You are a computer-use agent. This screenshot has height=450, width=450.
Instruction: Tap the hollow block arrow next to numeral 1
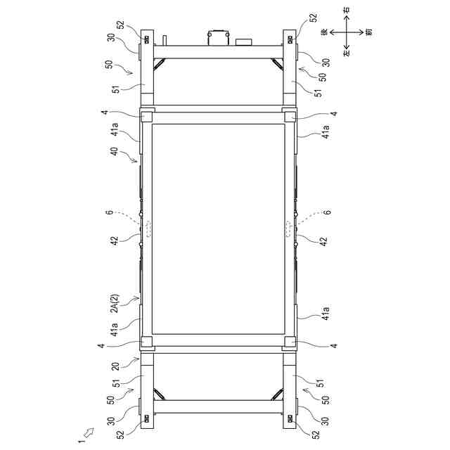click(89, 431)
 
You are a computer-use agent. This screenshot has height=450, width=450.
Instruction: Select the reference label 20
click(115, 366)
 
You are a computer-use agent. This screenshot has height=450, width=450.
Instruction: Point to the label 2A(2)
click(115, 303)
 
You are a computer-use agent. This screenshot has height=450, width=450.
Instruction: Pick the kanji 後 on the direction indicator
click(325, 32)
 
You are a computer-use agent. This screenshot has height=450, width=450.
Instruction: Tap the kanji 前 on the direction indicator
click(370, 32)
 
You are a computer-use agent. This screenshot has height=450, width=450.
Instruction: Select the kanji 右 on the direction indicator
click(347, 9)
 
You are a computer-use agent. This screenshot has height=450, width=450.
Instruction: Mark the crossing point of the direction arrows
click(347, 32)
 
